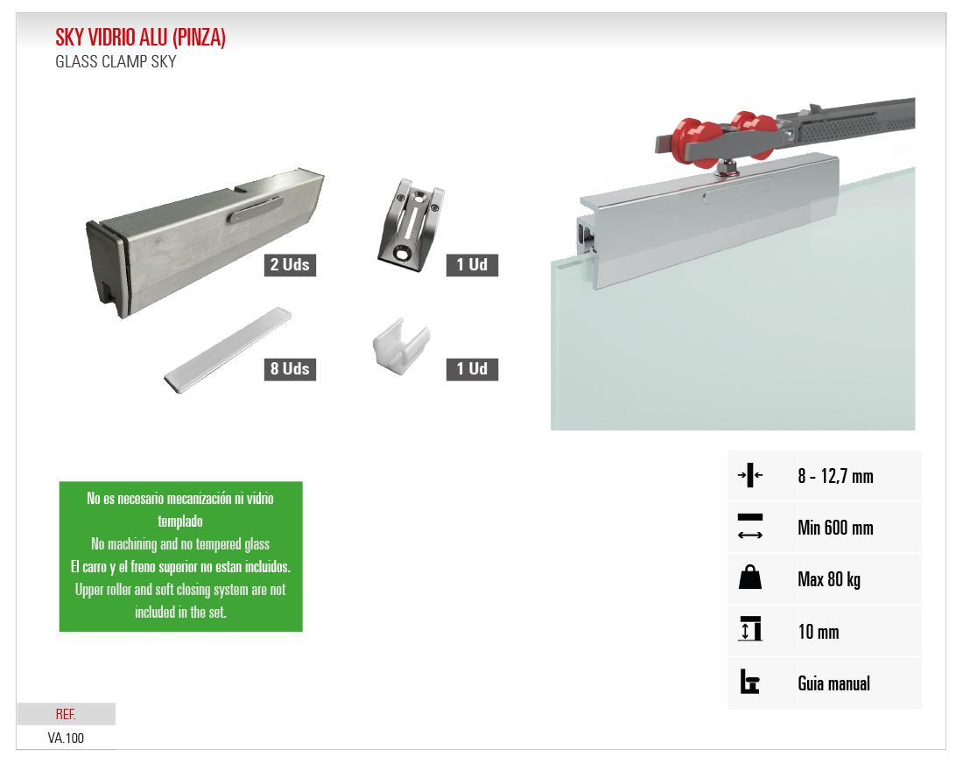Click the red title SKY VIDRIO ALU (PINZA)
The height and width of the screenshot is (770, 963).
[x=141, y=38]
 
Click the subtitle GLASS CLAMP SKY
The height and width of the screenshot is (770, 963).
[x=116, y=62]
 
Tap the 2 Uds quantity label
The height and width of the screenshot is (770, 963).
[x=290, y=264]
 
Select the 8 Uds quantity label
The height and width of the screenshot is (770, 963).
[x=290, y=369]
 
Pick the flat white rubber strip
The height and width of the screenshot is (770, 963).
[x=228, y=349]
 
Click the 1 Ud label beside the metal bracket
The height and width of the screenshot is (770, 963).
[x=472, y=264]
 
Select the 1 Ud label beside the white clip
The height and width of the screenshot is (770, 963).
[x=472, y=369]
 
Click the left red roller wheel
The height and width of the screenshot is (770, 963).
[x=695, y=142]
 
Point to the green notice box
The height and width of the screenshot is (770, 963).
[x=180, y=556]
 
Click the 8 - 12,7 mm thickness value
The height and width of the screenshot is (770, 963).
[x=835, y=476]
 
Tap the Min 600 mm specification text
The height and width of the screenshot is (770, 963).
[x=835, y=528]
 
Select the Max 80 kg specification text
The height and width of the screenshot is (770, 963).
[x=829, y=579]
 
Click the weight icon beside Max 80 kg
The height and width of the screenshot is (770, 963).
[x=750, y=577]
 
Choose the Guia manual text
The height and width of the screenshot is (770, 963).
[x=833, y=683]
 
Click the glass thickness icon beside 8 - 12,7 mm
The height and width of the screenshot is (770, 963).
[x=750, y=474]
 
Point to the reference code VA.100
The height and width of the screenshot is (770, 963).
[x=66, y=738]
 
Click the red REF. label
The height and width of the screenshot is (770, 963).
[x=66, y=714]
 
